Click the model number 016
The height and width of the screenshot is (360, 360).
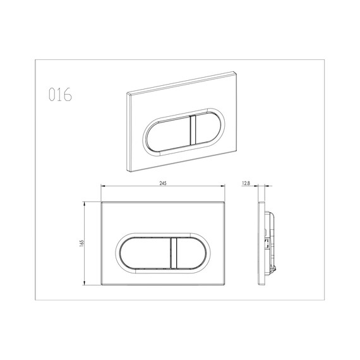[60, 95]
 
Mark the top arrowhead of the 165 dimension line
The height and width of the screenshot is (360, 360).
[87, 204]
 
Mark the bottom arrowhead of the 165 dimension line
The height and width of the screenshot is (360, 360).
[87, 285]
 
